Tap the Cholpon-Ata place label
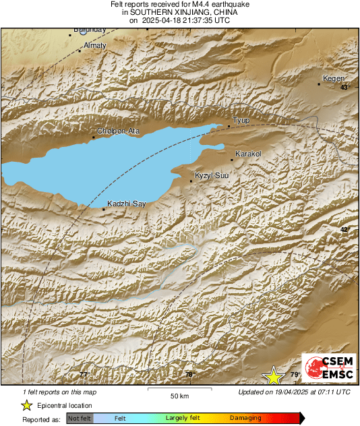[x=119, y=131]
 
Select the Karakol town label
[x=248, y=154]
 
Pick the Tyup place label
[x=241, y=121]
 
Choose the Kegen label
[x=333, y=78]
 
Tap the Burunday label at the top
[x=89, y=30]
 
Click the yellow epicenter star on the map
[x=274, y=375]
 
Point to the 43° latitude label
[x=345, y=88]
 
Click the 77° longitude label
[x=84, y=375]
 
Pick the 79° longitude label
[x=295, y=375]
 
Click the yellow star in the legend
[x=26, y=405]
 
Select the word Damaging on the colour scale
[x=245, y=419]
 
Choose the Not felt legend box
[x=80, y=419]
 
